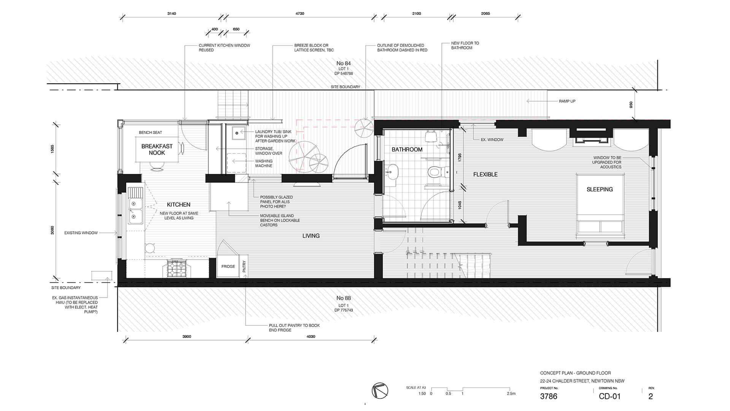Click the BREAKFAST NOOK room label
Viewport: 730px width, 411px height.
click(157, 149)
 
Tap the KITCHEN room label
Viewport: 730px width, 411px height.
click(178, 205)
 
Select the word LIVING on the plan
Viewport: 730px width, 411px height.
click(311, 236)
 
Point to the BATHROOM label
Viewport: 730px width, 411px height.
click(407, 150)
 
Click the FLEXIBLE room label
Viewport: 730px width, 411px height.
click(485, 175)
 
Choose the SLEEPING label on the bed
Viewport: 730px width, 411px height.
click(600, 190)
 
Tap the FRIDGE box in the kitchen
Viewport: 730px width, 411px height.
click(228, 266)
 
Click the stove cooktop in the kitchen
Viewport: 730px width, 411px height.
click(176, 268)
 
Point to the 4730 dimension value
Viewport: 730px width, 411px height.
click(300, 14)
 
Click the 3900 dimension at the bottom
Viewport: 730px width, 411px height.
click(187, 337)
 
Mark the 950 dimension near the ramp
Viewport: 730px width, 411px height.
click(631, 105)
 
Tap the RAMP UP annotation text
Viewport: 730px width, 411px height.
click(567, 101)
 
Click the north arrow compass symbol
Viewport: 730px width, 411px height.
click(380, 390)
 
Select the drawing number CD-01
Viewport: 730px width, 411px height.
click(609, 397)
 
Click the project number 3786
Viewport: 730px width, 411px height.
click(549, 397)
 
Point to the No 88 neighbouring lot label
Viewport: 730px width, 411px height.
click(343, 298)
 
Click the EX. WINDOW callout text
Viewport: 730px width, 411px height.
click(492, 140)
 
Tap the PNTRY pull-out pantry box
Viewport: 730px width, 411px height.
click(244, 266)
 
